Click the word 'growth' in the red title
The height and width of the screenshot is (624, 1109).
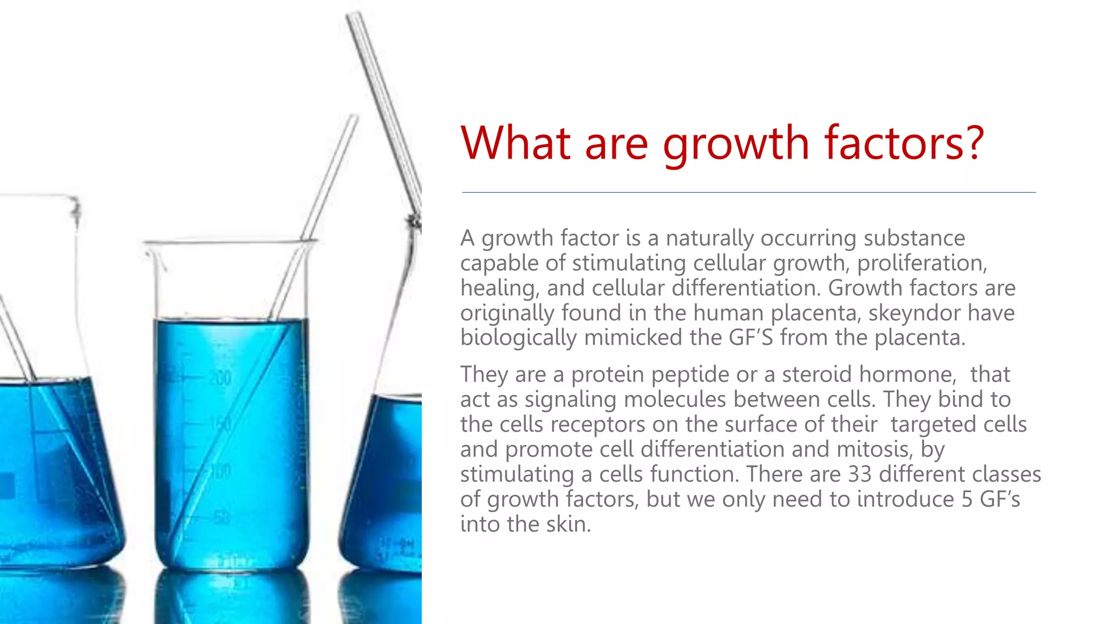click(735, 144)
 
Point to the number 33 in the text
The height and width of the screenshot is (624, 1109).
click(859, 474)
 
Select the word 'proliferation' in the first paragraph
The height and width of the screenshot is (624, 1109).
click(922, 263)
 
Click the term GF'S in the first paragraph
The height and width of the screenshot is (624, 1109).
click(751, 338)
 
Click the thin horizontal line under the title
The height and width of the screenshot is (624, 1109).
click(748, 192)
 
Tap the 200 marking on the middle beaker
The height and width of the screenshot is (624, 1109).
click(220, 378)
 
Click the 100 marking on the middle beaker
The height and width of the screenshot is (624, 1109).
click(220, 471)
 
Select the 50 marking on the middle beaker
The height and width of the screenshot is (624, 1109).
click(220, 518)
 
